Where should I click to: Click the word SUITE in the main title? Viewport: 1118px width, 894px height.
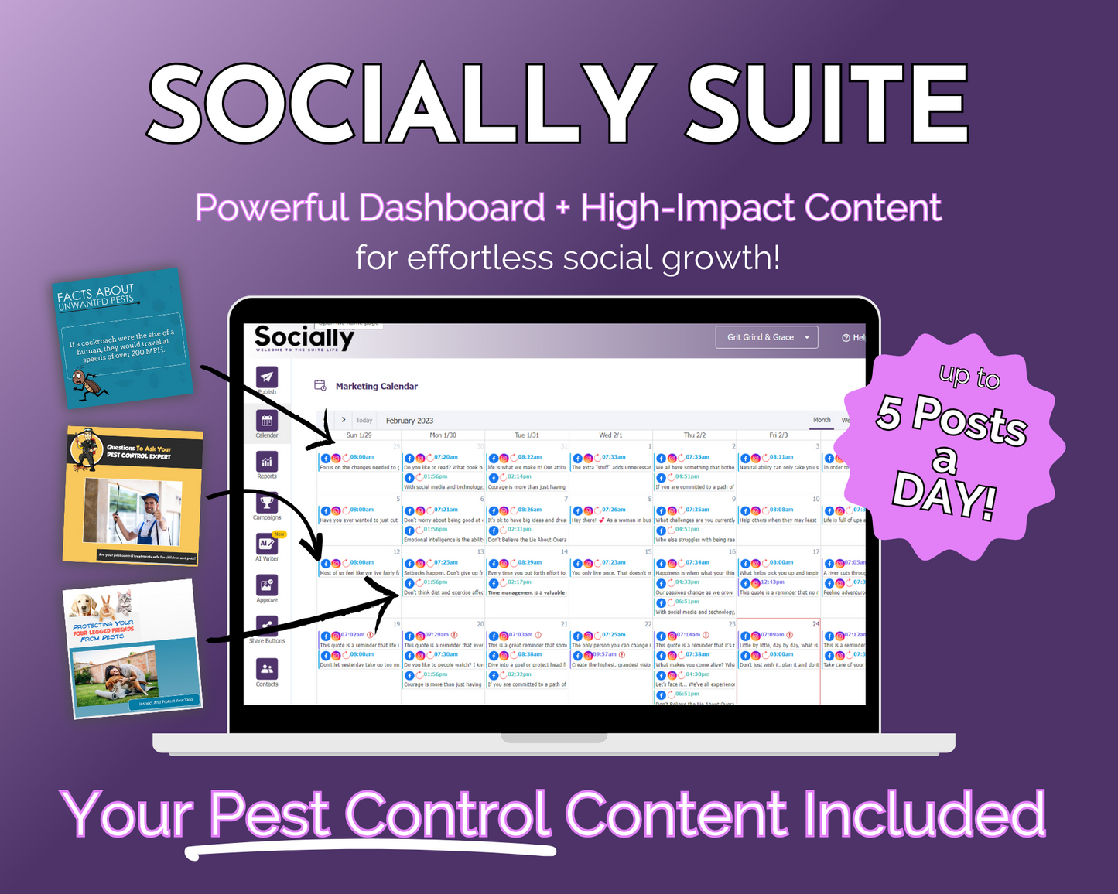(x=827, y=104)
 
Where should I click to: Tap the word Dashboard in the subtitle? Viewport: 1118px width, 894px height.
(x=452, y=208)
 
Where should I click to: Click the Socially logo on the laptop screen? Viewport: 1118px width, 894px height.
(x=304, y=338)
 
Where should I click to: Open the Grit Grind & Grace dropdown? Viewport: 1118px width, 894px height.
(x=767, y=337)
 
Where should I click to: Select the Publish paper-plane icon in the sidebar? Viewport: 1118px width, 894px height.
(x=267, y=377)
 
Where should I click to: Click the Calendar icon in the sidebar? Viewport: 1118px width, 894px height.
(x=267, y=421)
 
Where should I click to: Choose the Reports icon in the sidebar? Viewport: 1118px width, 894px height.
(x=267, y=462)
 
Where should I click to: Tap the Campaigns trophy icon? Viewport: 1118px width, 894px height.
(x=267, y=503)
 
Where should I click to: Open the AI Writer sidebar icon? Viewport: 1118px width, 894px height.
(x=267, y=544)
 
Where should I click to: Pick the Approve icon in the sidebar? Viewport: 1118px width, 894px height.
(x=267, y=585)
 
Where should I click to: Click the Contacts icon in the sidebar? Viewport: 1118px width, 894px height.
(x=267, y=669)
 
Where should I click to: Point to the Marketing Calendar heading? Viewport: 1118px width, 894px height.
(x=376, y=386)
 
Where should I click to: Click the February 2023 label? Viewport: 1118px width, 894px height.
(x=409, y=421)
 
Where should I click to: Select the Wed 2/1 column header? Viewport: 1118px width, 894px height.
(x=610, y=435)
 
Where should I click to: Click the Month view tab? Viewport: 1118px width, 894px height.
(x=822, y=420)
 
